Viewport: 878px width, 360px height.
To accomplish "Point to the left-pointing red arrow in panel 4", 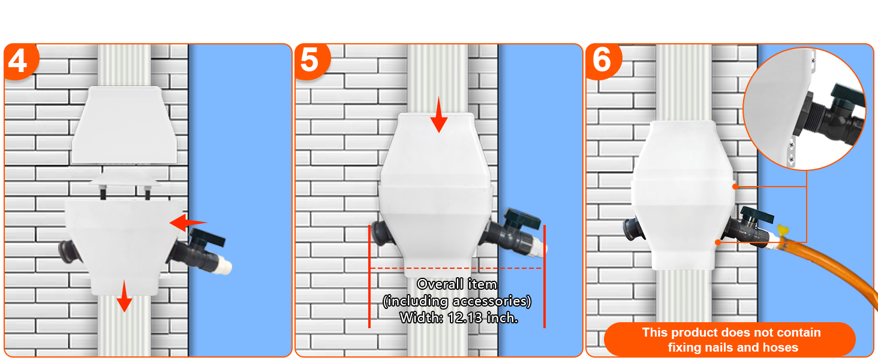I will [187, 223].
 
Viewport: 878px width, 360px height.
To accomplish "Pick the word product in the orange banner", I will [694, 332].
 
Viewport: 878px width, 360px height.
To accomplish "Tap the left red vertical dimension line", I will [369, 276].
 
